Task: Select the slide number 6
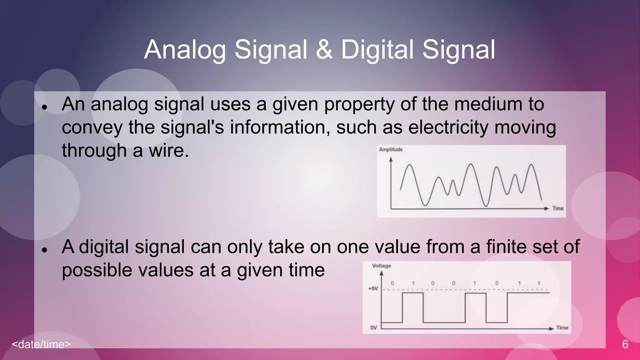click(x=625, y=344)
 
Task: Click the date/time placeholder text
click(x=41, y=344)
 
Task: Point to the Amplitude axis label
click(x=391, y=149)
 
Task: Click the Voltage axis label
click(x=381, y=266)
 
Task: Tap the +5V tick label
click(x=373, y=288)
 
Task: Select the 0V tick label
click(x=373, y=327)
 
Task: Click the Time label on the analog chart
click(x=558, y=208)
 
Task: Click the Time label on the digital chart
click(x=562, y=327)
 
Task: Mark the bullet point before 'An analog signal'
click(x=44, y=107)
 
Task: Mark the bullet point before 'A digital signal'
click(x=44, y=250)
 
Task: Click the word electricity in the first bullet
click(x=448, y=127)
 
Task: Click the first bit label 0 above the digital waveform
click(x=392, y=283)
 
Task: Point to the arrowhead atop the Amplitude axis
click(x=391, y=159)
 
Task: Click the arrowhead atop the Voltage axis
click(x=381, y=273)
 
